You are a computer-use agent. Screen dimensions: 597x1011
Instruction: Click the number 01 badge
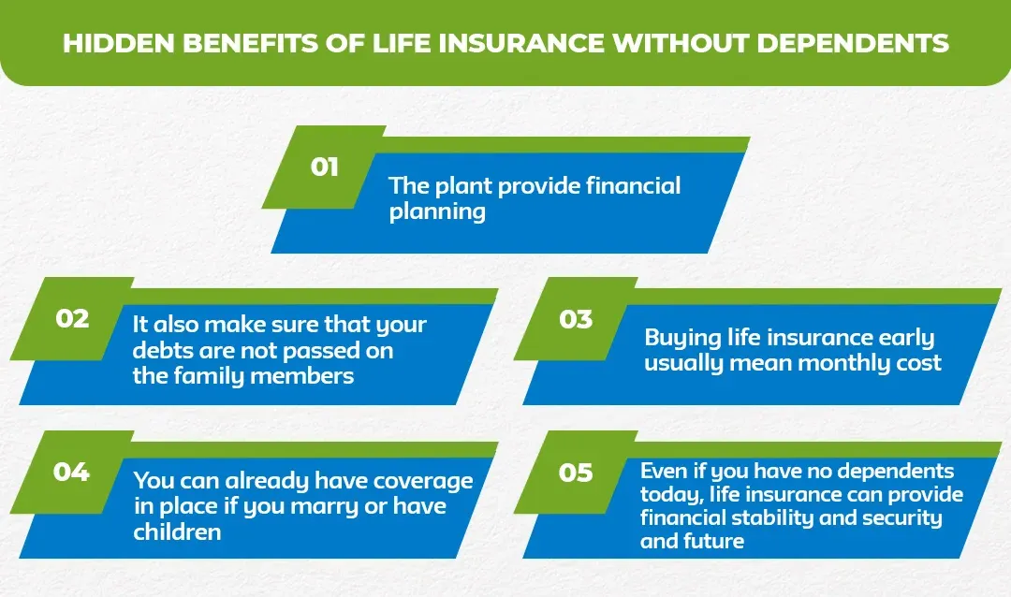324,167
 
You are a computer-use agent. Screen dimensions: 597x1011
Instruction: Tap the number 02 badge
72,318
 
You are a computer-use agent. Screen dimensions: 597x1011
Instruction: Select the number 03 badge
576,319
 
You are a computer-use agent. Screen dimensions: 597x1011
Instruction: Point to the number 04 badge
71,472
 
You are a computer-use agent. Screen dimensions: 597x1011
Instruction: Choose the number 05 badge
576,473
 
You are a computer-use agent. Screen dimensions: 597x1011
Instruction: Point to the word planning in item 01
437,212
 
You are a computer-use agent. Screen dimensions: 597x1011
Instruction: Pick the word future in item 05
714,541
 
